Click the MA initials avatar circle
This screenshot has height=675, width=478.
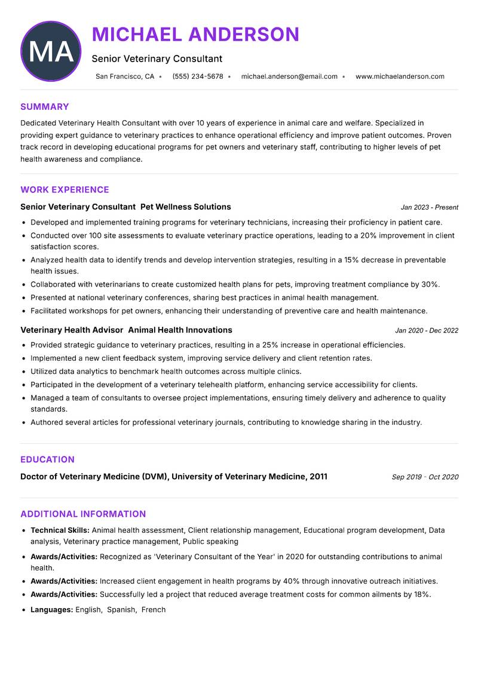click(51, 51)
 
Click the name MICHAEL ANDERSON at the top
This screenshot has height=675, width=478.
click(195, 35)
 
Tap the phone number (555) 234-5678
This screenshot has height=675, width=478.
click(197, 76)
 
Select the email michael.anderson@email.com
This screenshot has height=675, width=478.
click(289, 76)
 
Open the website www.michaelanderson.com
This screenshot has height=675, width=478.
click(400, 76)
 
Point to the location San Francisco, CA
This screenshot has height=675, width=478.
click(125, 76)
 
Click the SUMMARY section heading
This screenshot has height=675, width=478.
click(45, 107)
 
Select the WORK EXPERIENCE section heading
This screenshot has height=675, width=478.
click(65, 190)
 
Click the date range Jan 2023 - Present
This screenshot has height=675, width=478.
click(429, 207)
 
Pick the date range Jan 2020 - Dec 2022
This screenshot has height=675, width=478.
click(427, 330)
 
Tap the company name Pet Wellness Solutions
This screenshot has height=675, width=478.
click(185, 207)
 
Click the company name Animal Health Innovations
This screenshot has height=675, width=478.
click(180, 330)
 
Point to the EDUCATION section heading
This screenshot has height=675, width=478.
click(47, 459)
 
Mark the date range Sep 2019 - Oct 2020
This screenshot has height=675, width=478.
click(425, 477)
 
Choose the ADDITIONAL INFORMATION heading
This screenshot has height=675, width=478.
click(83, 514)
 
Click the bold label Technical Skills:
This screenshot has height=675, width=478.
click(60, 530)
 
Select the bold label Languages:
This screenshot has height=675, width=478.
click(51, 610)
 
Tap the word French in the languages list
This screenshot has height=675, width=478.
click(154, 610)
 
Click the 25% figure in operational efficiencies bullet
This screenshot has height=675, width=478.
click(270, 345)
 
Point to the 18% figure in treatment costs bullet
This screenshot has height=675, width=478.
click(421, 594)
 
